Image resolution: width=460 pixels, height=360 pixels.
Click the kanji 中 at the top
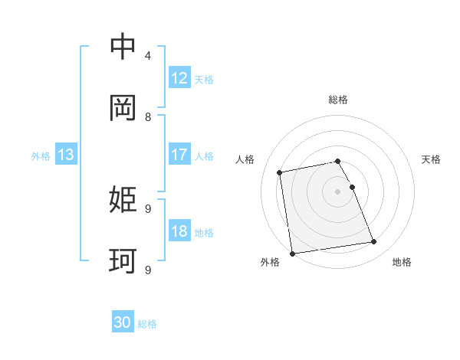123,47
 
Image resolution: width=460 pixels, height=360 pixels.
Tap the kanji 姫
123,201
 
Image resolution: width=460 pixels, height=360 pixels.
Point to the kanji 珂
123,262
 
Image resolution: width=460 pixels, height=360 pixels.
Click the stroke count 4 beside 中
148,56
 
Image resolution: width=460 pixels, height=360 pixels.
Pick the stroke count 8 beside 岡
148,117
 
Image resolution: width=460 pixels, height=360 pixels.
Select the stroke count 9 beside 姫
148,208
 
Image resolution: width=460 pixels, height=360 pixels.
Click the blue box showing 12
179,78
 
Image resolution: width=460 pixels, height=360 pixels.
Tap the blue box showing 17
179,155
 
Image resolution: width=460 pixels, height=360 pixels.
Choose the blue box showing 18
179,231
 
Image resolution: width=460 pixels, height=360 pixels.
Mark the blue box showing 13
66,155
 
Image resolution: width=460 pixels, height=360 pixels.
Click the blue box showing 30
123,323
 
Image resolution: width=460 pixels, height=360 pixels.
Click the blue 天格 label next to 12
204,79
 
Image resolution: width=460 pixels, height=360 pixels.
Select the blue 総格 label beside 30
147,324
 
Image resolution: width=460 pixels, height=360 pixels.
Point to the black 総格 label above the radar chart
338,100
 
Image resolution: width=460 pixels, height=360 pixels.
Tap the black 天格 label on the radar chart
431,159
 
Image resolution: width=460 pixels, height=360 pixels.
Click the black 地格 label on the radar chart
402,262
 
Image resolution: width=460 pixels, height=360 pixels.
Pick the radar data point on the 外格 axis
292,254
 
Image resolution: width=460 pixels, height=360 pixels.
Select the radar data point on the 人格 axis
281,172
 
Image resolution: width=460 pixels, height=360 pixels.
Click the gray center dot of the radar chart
338,191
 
